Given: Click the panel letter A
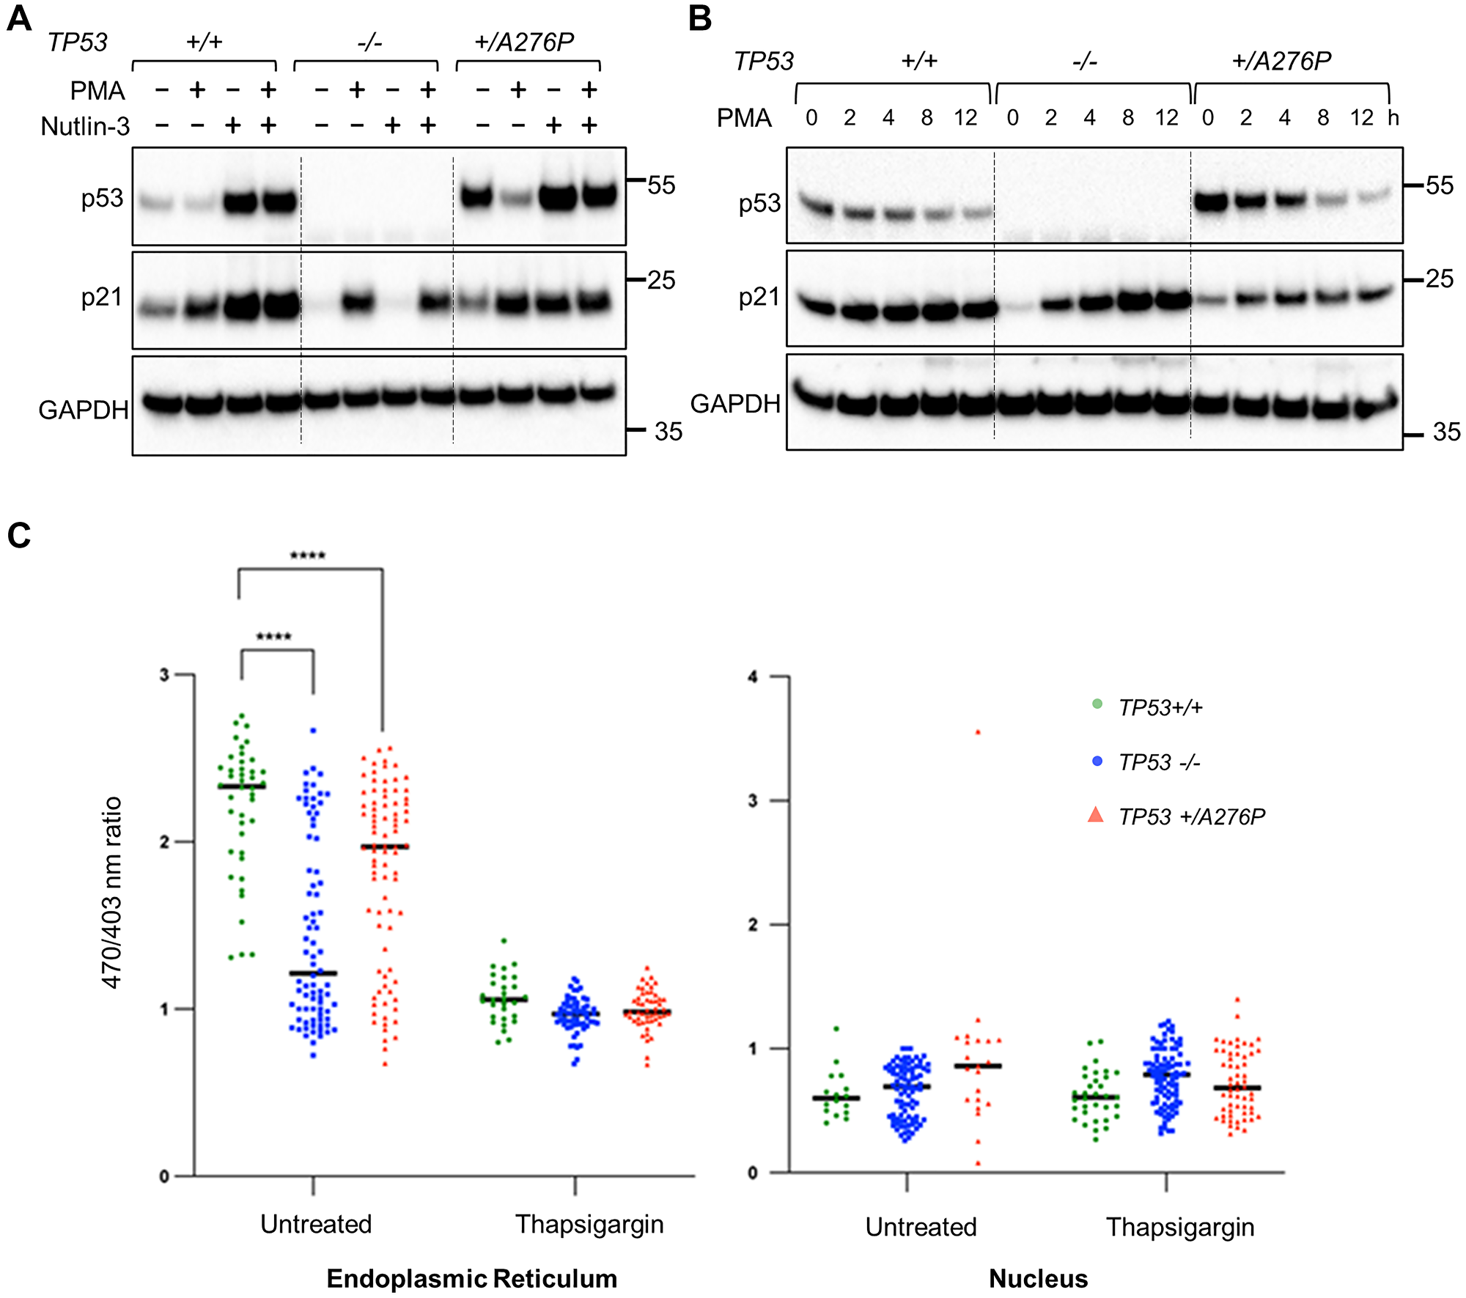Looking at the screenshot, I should (x=19, y=18).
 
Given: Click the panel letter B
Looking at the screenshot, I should (x=700, y=18).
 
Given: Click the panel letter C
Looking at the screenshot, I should (x=19, y=536).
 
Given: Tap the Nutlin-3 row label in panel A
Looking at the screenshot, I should (x=85, y=127).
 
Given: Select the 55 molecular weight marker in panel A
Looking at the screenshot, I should (x=661, y=185).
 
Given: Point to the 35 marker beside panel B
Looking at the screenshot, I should (x=1446, y=432).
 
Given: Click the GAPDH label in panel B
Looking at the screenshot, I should (x=735, y=404).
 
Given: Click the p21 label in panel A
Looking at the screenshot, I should (x=101, y=297).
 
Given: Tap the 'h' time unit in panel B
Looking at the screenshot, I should (x=1393, y=118).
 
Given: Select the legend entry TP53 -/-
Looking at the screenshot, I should (x=1159, y=762).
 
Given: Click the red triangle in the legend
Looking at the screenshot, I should (x=1096, y=815).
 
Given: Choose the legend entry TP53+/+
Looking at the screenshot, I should (x=1160, y=707).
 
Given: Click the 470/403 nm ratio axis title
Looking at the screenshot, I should (x=112, y=893).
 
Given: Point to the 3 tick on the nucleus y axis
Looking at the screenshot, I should (x=753, y=801).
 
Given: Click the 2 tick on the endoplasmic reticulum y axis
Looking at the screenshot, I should (x=165, y=842).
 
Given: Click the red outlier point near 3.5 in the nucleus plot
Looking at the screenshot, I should (x=978, y=732).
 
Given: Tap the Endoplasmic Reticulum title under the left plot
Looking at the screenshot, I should (x=471, y=1278).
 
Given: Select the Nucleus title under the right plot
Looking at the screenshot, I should (x=1038, y=1278).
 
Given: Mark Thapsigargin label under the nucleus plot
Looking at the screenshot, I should (x=1180, y=1227).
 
